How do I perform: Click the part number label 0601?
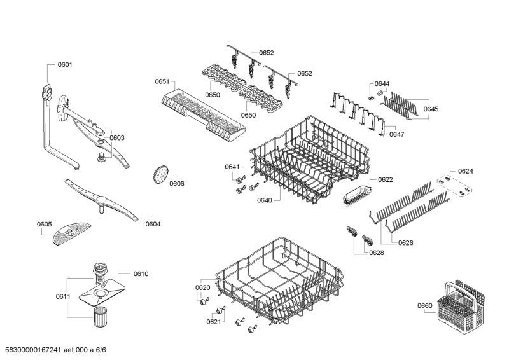tap(65, 65)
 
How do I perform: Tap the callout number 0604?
tap(153, 224)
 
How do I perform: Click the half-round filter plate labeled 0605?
tap(72, 233)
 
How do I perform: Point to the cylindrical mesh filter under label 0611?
tap(101, 317)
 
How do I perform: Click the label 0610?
tap(141, 274)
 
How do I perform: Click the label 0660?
tap(425, 306)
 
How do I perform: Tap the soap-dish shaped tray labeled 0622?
tap(357, 195)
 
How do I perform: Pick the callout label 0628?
tap(377, 253)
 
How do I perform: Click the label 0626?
tap(406, 243)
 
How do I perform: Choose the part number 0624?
tap(466, 171)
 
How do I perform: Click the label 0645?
tap(431, 109)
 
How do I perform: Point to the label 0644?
tap(382, 84)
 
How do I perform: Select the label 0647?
tap(396, 134)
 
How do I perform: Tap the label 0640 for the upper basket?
tap(265, 200)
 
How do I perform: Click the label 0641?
tap(232, 167)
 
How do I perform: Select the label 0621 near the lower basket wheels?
tap(214, 322)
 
